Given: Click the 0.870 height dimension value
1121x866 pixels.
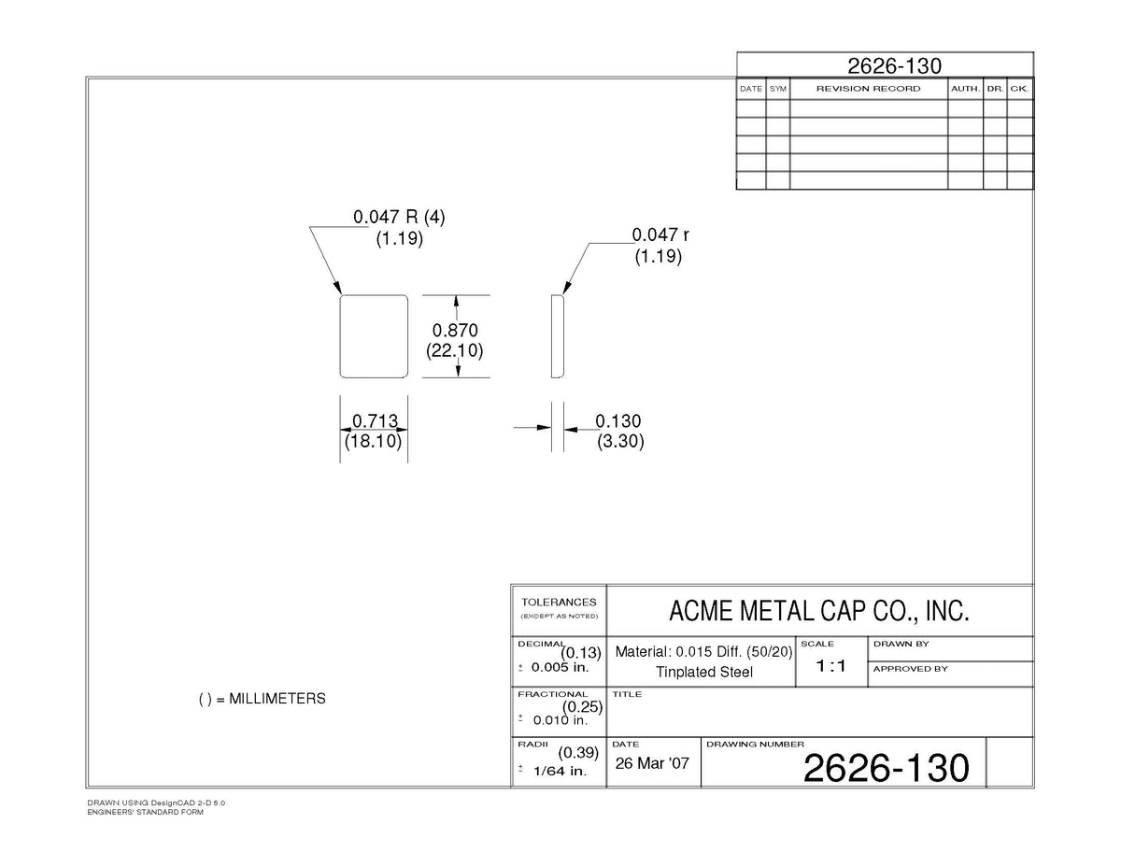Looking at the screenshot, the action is point(455,330).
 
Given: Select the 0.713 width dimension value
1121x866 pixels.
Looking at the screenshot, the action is point(375,421).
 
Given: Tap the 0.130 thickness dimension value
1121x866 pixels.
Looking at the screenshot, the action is point(618,421).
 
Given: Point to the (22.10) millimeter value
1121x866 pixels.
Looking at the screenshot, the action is point(455,350).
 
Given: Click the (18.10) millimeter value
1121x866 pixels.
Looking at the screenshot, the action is point(373,441).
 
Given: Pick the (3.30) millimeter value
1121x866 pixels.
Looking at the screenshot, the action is point(620,441).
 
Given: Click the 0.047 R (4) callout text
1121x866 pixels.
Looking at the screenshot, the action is point(399,217).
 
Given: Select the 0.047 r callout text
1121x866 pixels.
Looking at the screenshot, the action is point(660,234).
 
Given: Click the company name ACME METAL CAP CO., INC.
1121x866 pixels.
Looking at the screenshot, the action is point(819,611).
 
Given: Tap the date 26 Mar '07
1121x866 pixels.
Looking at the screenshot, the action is point(652,763).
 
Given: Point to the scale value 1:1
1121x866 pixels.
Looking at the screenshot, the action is point(830,666).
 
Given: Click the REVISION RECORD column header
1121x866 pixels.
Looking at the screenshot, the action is point(868,89).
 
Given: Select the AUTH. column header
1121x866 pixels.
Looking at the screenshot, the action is point(966,89).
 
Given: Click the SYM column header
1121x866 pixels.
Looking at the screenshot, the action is point(778,89).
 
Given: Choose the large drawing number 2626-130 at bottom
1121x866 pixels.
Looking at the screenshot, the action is point(887,768).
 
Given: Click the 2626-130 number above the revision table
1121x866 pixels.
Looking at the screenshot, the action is point(895,65).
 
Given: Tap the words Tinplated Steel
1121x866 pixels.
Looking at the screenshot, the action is point(704,672).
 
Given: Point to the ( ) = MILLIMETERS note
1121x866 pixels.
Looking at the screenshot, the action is point(263,699).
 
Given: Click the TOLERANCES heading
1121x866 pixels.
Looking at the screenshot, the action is point(559,602).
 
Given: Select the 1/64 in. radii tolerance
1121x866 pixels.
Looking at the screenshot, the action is point(560,771).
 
